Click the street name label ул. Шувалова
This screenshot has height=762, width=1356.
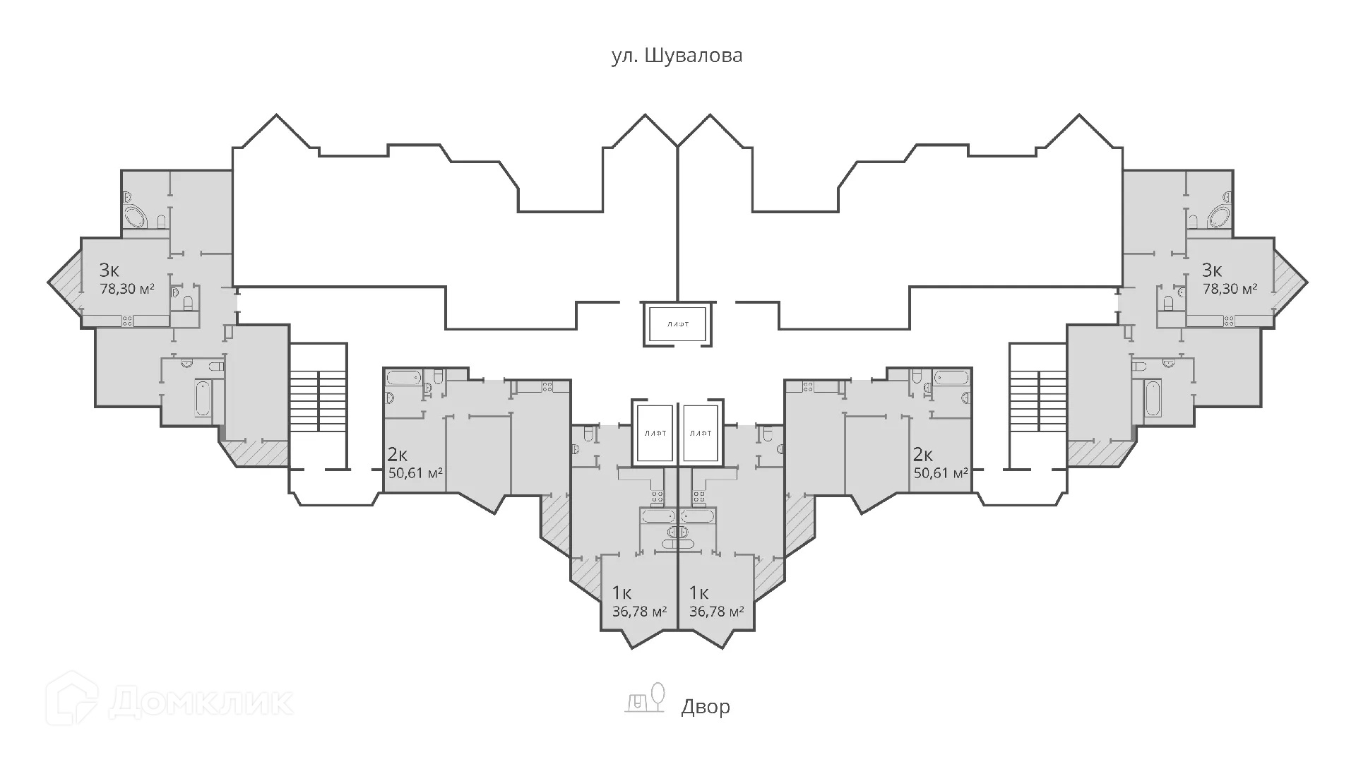tap(677, 56)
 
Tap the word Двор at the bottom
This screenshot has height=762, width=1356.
tap(706, 706)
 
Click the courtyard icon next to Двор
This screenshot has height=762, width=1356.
tap(645, 697)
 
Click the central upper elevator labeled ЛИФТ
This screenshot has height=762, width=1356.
tap(677, 324)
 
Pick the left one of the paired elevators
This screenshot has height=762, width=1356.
tap(653, 434)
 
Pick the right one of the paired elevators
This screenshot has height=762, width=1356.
tap(701, 434)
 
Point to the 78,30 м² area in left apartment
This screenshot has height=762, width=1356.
tap(127, 289)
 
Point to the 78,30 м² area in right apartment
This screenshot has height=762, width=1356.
tap(1230, 289)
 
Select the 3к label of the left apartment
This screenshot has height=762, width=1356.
tap(109, 270)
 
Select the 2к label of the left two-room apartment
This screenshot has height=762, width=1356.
tap(398, 453)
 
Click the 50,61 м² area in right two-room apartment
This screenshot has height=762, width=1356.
tap(941, 472)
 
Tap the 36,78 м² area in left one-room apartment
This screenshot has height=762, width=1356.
tap(639, 611)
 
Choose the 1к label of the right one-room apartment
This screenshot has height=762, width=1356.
tap(699, 592)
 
